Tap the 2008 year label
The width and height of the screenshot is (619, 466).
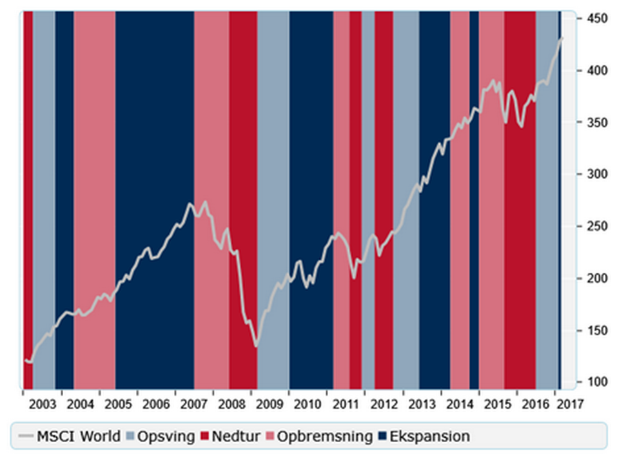[x=231, y=404]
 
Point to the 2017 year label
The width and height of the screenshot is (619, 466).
[x=570, y=404]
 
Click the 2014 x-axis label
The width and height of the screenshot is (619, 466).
[x=460, y=404]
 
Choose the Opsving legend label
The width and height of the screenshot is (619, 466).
[x=166, y=436]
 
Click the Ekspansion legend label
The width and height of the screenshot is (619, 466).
[x=432, y=436]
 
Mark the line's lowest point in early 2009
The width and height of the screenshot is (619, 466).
[x=256, y=346]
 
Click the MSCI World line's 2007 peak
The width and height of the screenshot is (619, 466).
[x=190, y=204]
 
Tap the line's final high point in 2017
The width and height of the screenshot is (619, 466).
[x=562, y=38]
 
